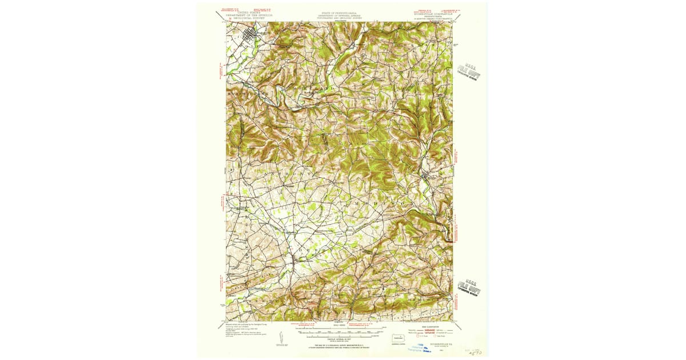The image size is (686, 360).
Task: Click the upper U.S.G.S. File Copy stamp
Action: click(x=469, y=71)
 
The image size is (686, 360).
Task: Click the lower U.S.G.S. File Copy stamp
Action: click(x=469, y=287)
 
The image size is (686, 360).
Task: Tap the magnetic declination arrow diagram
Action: click(x=281, y=338)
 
